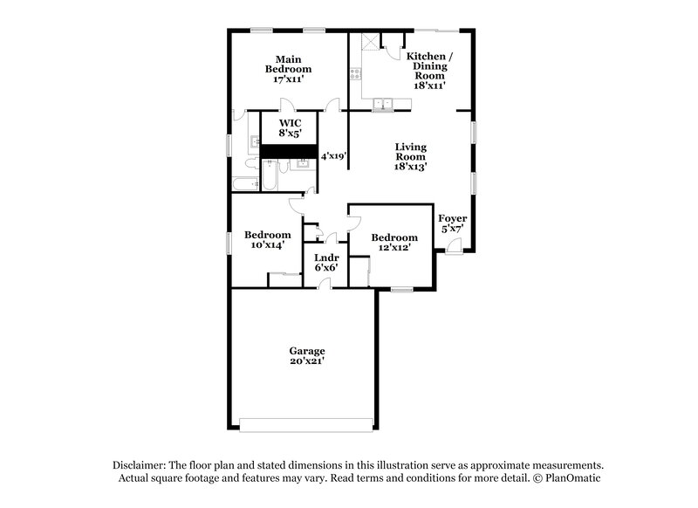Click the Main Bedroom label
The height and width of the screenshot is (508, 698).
[288, 63]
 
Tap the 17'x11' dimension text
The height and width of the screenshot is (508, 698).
[288, 79]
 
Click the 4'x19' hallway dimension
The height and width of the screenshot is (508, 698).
[334, 156]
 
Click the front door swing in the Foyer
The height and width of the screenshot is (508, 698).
[453, 244]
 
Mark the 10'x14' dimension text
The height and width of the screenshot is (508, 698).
[267, 245]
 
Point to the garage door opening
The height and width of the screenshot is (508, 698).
[306, 425]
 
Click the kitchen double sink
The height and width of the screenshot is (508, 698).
[382, 106]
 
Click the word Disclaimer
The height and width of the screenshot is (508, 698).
[140, 465]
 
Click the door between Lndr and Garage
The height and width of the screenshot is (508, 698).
[324, 285]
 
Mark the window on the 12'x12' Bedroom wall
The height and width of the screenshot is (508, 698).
[400, 289]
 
